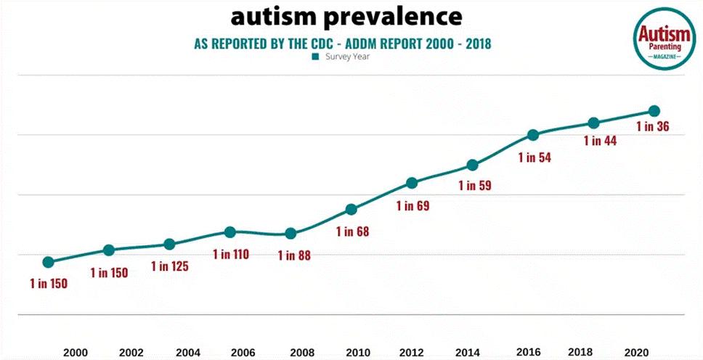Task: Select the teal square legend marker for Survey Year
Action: click(x=316, y=57)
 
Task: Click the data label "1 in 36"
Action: click(x=652, y=126)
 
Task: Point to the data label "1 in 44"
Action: click(x=600, y=141)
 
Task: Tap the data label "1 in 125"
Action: click(x=169, y=266)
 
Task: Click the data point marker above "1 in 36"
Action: click(x=654, y=111)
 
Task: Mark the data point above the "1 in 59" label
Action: click(x=472, y=165)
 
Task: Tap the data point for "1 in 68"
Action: click(x=351, y=210)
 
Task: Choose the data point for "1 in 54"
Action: click(x=532, y=135)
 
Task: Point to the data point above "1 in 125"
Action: click(x=169, y=245)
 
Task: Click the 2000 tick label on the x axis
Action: click(x=76, y=353)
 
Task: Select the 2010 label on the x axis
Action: click(x=357, y=353)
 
